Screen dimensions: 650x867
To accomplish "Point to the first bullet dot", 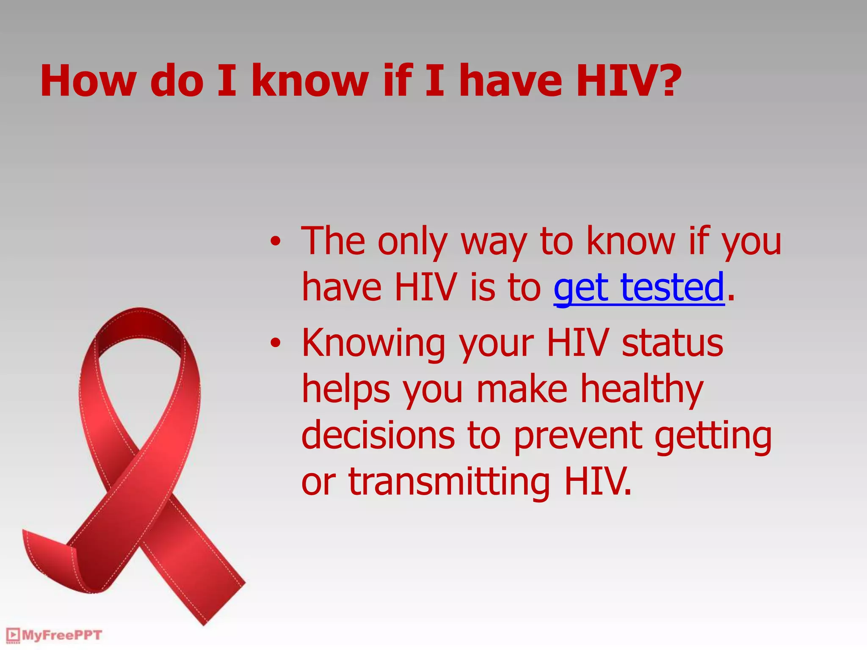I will tap(276, 242).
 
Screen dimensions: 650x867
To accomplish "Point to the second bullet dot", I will tap(276, 343).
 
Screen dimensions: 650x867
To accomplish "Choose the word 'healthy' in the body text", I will tap(641, 389).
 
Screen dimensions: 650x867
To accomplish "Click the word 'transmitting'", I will tap(449, 482).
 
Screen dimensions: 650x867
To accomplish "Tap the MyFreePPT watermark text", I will tap(62, 635).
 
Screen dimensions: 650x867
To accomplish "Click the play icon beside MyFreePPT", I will tap(13, 635).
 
